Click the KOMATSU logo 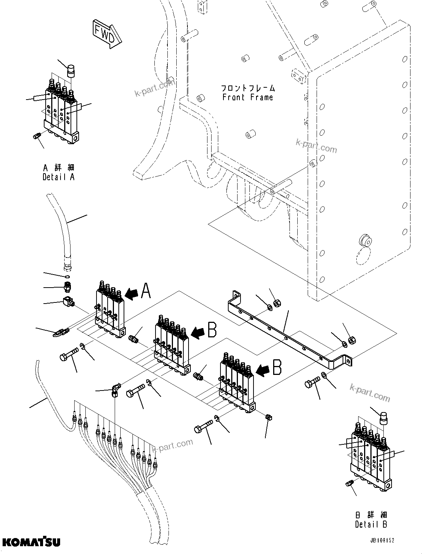coord(30,542)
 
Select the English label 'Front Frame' coord(248,98)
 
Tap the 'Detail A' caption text coord(59,177)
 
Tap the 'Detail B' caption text coord(371,524)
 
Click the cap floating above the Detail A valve coord(71,70)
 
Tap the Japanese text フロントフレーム coord(248,88)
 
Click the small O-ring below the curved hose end coord(67,276)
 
